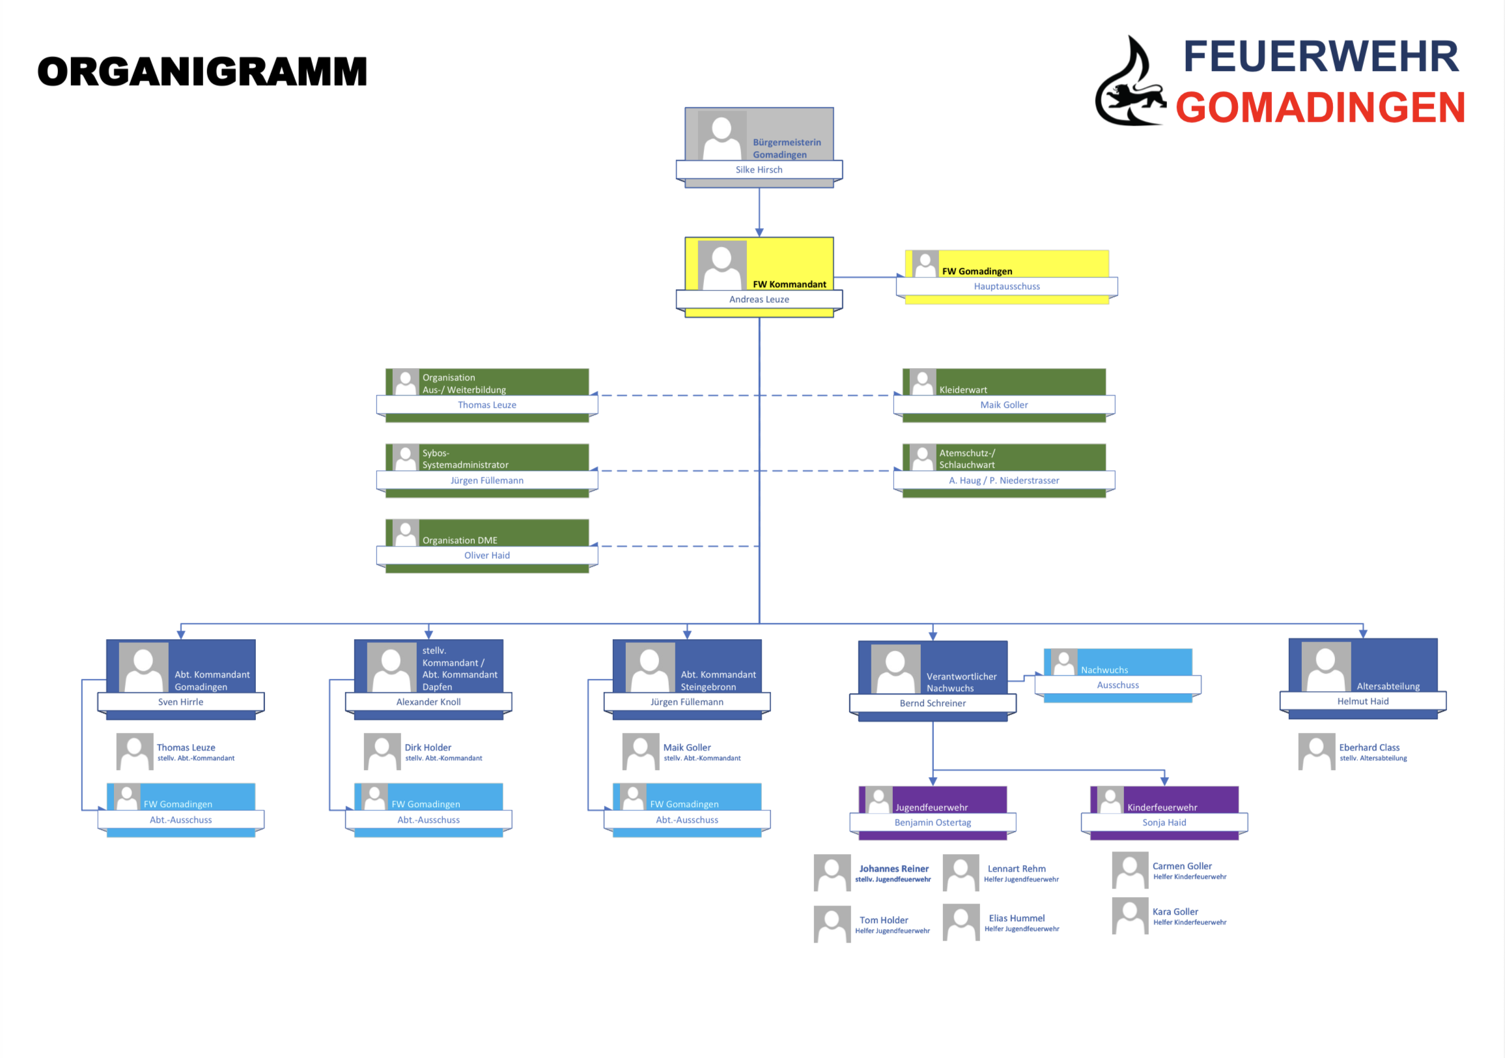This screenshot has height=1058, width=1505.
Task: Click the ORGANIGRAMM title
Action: (202, 72)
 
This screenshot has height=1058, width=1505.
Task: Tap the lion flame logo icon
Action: (1130, 81)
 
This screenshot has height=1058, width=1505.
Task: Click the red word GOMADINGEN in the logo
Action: (1320, 107)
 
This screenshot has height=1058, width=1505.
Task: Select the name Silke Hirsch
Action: (759, 170)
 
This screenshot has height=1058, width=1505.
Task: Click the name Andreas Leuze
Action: (759, 300)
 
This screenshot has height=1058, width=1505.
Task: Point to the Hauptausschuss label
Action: (1007, 287)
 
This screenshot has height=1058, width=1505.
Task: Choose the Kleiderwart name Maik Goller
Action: (1004, 405)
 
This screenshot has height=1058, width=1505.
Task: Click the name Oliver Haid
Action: (487, 556)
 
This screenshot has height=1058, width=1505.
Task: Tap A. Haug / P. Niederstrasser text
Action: (1004, 481)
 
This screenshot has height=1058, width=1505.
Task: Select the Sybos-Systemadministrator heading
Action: (466, 459)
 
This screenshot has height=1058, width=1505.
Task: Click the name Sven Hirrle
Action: (181, 702)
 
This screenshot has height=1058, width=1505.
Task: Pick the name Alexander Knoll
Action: (429, 702)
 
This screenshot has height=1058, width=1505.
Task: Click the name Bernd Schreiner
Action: (933, 704)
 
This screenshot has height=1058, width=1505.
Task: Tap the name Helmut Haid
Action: (1363, 702)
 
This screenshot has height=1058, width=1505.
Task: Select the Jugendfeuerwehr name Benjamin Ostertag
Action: (933, 823)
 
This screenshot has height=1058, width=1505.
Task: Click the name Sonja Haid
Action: (1164, 823)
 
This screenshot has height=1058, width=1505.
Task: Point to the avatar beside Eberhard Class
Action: (1317, 752)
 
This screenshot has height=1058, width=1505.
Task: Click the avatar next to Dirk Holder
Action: (382, 752)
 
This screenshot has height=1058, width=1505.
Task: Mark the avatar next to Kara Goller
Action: (1130, 916)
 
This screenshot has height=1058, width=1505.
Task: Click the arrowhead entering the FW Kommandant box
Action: (759, 233)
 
